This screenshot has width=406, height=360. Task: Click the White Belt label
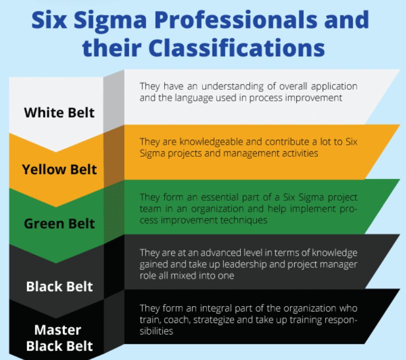(x=59, y=112)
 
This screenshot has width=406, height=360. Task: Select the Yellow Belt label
(x=59, y=170)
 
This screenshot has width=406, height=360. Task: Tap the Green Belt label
(x=59, y=223)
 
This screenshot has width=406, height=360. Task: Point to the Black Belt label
(x=59, y=287)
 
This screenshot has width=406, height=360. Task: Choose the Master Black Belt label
(x=59, y=338)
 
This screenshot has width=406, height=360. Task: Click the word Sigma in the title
(x=119, y=21)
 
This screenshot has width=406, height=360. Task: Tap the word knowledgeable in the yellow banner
(x=215, y=142)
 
